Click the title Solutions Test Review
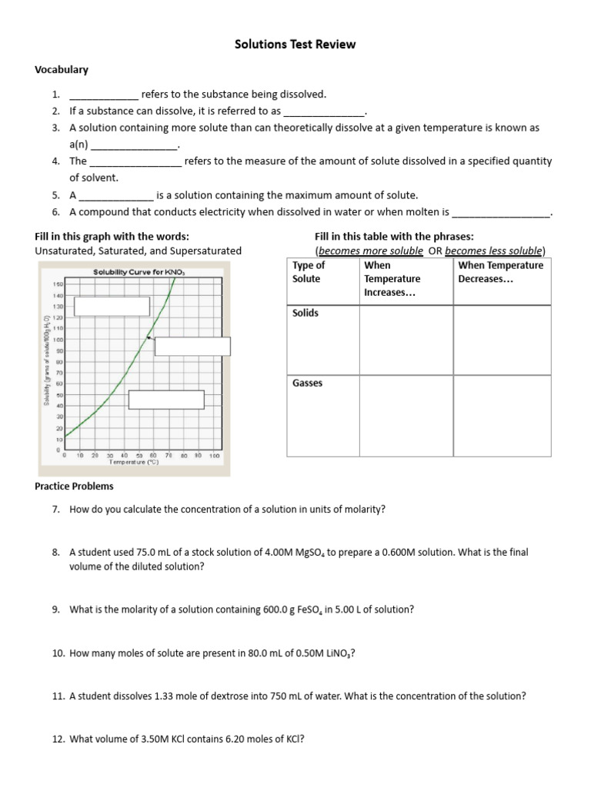pyautogui.click(x=295, y=45)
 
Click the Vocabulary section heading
pyautogui.click(x=62, y=70)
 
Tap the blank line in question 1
pyautogui.click(x=104, y=95)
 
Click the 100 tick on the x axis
pyautogui.click(x=215, y=455)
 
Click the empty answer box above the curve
pyautogui.click(x=112, y=306)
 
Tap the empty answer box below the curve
pyautogui.click(x=166, y=400)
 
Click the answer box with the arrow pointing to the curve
pyautogui.click(x=192, y=346)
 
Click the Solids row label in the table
pyautogui.click(x=306, y=314)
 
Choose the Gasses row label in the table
pyautogui.click(x=308, y=384)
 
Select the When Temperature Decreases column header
pyautogui.click(x=500, y=272)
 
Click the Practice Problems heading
pyautogui.click(x=75, y=486)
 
